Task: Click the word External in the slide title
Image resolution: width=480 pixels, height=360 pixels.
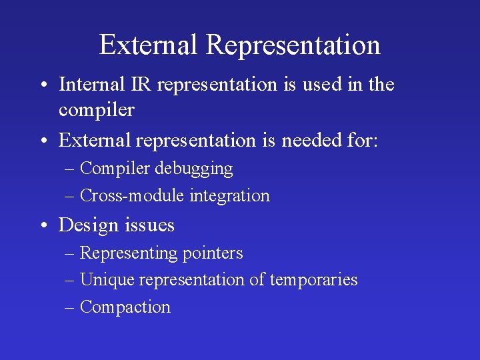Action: click(x=149, y=45)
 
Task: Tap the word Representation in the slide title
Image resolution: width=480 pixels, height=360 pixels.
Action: click(x=293, y=45)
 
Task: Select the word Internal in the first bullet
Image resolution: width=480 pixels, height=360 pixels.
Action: click(x=91, y=85)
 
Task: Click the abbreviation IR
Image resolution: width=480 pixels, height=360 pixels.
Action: click(x=141, y=85)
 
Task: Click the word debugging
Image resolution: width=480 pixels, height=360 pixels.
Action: click(x=194, y=169)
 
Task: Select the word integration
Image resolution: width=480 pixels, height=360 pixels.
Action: click(x=230, y=196)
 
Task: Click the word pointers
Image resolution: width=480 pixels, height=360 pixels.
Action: click(x=212, y=254)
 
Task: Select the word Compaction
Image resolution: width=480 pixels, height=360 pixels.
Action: click(x=125, y=307)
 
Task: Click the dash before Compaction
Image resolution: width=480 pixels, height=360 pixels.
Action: click(x=70, y=307)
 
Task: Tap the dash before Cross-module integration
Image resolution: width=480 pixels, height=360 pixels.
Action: click(x=70, y=196)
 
